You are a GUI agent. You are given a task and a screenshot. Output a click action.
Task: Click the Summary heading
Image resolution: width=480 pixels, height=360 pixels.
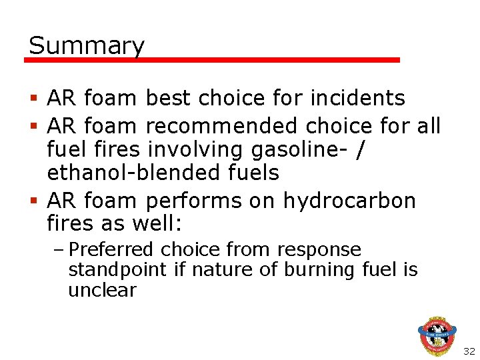click(x=87, y=46)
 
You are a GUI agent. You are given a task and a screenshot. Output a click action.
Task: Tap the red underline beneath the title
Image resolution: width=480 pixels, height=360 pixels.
click(x=212, y=60)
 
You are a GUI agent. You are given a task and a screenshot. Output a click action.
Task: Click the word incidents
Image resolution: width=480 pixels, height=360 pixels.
click(x=358, y=99)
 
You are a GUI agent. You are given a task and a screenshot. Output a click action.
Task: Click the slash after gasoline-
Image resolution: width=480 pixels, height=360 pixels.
click(x=361, y=149)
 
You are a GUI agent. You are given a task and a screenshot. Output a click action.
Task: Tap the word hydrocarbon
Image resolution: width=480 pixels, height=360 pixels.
click(x=349, y=200)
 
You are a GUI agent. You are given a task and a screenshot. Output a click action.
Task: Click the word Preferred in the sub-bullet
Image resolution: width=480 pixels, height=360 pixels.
click(x=112, y=249)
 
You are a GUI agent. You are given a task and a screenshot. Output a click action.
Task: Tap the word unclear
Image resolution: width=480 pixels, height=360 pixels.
click(x=102, y=291)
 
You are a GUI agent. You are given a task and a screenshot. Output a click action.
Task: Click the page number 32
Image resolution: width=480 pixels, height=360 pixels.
click(x=469, y=351)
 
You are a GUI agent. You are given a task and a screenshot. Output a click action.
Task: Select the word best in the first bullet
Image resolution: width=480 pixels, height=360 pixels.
click(x=167, y=99)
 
